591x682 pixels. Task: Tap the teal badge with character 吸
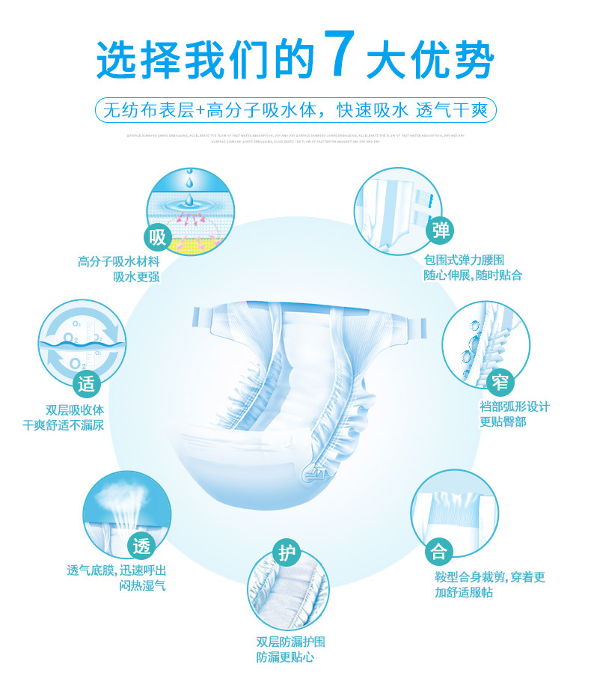(158, 238)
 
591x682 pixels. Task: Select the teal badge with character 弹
(441, 231)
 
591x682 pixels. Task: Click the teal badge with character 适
(88, 384)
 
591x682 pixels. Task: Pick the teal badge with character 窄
(500, 383)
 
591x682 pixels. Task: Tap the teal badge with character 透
(141, 546)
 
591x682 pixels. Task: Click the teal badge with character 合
(439, 552)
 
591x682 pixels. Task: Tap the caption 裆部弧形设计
(514, 407)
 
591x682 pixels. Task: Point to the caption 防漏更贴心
(284, 657)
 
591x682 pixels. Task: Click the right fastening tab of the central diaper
(410, 323)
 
